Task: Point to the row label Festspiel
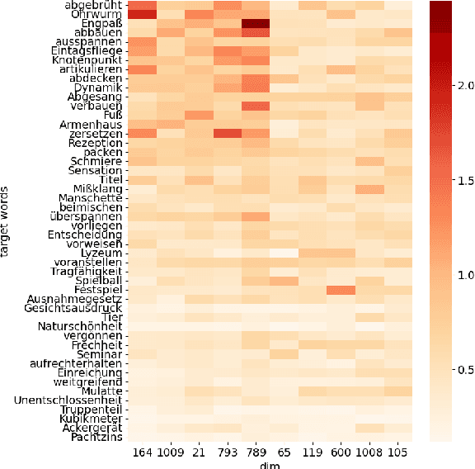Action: [x=98, y=290]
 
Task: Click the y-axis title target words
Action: [x=7, y=221]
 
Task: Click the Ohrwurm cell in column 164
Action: [x=143, y=14]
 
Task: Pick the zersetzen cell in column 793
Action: [x=228, y=134]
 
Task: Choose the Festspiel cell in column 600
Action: [x=341, y=290]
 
